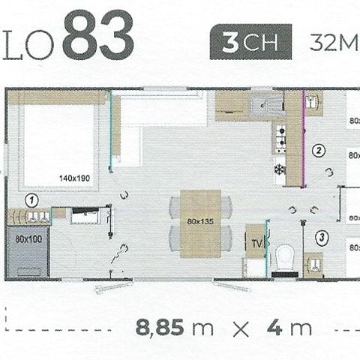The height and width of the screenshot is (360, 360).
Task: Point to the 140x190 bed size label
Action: (x=74, y=178)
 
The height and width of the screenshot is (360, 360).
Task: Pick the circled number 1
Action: (x=31, y=200)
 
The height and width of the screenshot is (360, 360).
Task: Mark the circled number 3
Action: (x=322, y=238)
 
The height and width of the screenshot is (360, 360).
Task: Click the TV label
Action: (x=256, y=244)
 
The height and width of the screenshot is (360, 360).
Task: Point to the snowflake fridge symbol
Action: (x=279, y=169)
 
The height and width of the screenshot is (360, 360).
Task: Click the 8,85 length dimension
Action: (x=161, y=328)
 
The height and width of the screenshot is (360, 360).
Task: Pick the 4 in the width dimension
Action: (x=276, y=328)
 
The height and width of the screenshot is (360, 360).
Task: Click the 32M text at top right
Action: (x=334, y=42)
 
